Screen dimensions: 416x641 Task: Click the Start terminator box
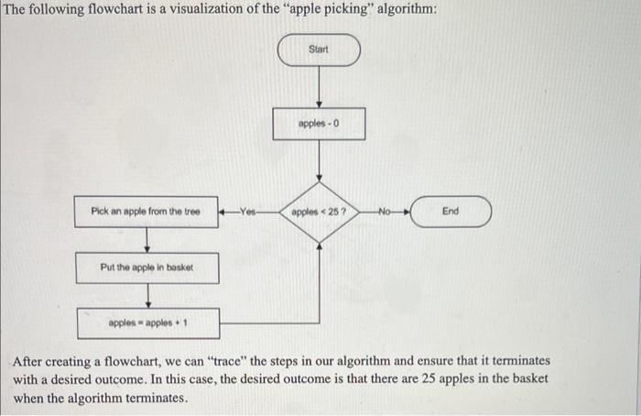(x=319, y=49)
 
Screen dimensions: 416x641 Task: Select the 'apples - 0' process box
(x=319, y=123)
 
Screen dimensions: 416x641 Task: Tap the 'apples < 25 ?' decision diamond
(x=319, y=212)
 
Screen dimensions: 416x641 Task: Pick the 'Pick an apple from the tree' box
(x=147, y=212)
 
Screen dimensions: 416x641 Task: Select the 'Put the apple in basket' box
(x=147, y=268)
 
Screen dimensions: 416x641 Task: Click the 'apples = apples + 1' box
(x=147, y=323)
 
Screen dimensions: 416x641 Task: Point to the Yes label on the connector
(x=244, y=212)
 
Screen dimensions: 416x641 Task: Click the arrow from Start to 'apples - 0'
(x=319, y=86)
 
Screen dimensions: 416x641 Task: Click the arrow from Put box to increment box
(x=147, y=295)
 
